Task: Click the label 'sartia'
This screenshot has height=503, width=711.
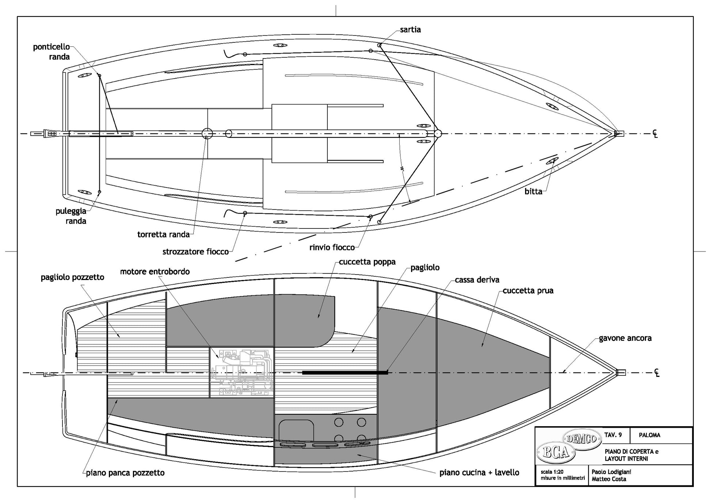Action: [410, 30]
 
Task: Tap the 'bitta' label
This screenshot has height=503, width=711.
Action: [533, 191]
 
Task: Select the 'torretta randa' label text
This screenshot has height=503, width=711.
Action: [163, 235]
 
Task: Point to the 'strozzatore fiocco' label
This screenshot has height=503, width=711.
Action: [195, 252]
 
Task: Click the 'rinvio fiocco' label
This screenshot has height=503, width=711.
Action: [332, 247]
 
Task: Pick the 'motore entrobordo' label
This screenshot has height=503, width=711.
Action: [155, 272]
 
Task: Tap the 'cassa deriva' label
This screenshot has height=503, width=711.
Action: [477, 280]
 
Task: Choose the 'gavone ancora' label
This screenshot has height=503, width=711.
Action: [625, 338]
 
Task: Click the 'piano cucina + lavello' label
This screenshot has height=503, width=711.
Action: [479, 473]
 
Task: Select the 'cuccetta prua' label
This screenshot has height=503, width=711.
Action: [528, 291]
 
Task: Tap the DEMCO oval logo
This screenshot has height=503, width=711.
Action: [582, 438]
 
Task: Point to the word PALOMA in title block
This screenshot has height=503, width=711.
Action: [649, 435]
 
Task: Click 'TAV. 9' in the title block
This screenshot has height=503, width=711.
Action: [613, 435]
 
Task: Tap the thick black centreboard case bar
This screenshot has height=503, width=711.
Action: [345, 373]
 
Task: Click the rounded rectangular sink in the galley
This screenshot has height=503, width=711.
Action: [297, 430]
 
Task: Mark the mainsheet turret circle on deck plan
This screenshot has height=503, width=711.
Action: [207, 133]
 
